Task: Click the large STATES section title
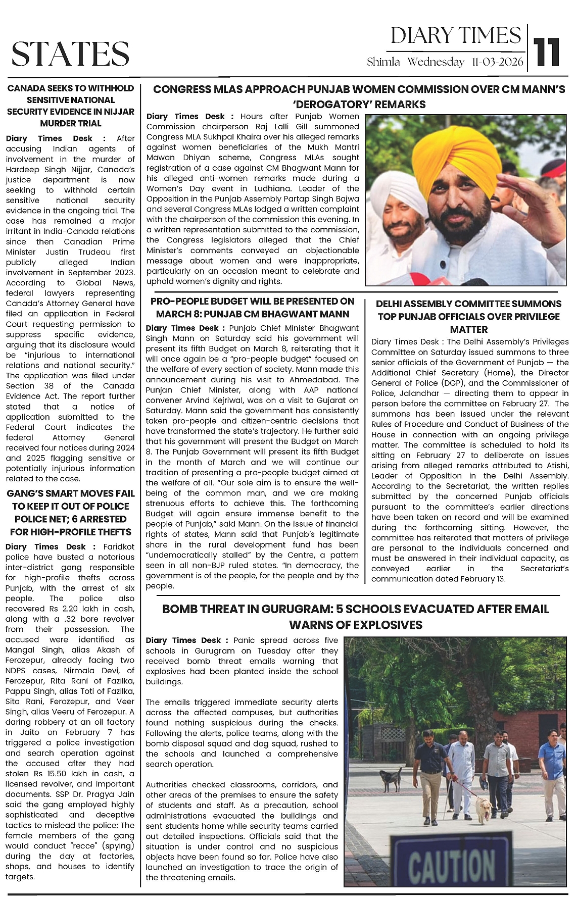click(70, 54)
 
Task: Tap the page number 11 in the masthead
click(548, 52)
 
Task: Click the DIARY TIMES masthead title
click(455, 36)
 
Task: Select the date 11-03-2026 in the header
click(497, 63)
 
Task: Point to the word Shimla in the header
click(383, 63)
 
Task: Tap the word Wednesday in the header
click(436, 63)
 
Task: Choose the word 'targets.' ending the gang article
click(20, 877)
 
